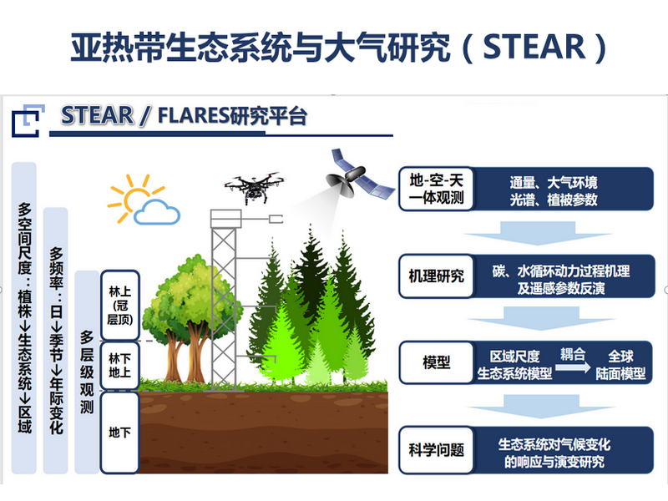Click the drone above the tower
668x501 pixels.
click(x=255, y=187)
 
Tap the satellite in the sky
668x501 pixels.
click(x=360, y=175)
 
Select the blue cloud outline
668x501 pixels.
click(x=157, y=212)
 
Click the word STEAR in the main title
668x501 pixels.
click(x=534, y=47)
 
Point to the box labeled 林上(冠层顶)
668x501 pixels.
click(x=119, y=306)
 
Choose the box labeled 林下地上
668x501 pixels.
click(x=119, y=366)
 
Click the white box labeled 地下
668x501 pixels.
click(x=119, y=433)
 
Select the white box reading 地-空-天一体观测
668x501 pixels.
click(x=436, y=190)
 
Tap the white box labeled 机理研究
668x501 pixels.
click(x=436, y=276)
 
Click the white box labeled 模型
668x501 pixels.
click(x=436, y=362)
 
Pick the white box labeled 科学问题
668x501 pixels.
click(x=436, y=450)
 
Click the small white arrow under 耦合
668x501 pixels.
click(x=573, y=367)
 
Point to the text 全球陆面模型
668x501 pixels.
click(x=620, y=365)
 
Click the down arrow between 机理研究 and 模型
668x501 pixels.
click(x=541, y=319)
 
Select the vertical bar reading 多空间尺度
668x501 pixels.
click(x=24, y=318)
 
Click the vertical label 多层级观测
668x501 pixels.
click(x=87, y=372)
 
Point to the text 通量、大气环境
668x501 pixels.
click(x=554, y=183)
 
